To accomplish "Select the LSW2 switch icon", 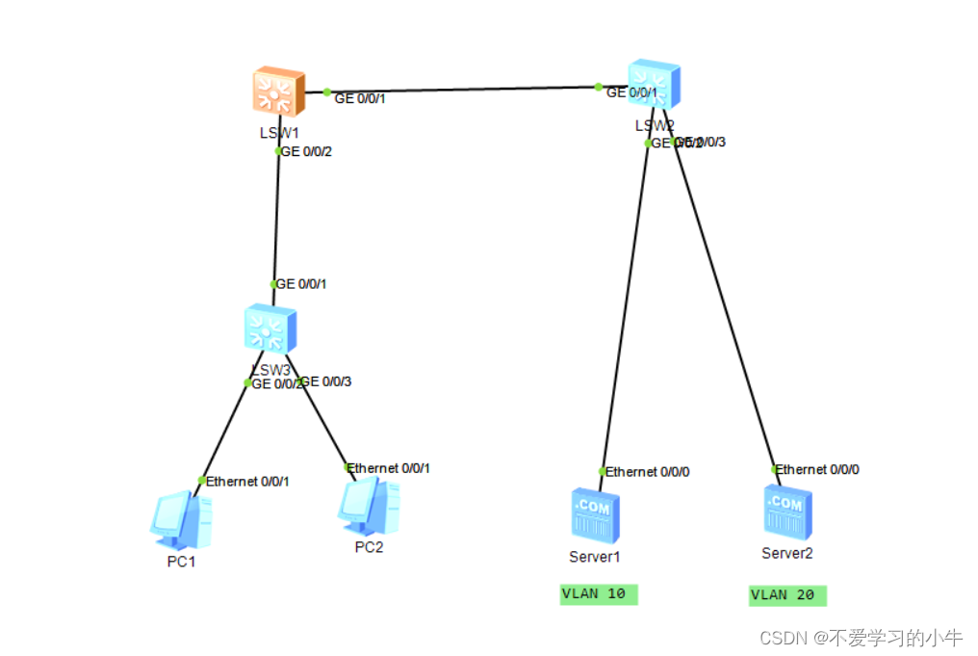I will (x=655, y=85).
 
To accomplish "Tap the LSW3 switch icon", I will (x=270, y=329).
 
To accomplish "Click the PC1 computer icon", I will (x=181, y=514).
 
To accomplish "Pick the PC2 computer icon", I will (x=370, y=505).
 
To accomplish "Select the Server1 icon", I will (x=595, y=514).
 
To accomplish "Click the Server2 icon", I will (x=787, y=511).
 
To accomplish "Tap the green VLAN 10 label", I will (x=598, y=594).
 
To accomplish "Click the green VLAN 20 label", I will (x=787, y=595).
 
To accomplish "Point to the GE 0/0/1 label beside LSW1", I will (x=360, y=98).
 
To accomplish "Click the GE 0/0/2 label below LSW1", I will (x=305, y=151).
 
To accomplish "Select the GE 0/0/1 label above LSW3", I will (x=301, y=284).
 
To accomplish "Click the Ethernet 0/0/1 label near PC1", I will (x=247, y=481).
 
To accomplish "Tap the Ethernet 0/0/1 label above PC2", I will (x=389, y=468).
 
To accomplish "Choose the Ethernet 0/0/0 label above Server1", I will (x=647, y=472).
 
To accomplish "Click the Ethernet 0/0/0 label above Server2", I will (x=817, y=470).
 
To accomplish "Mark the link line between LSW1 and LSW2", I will (x=462, y=91).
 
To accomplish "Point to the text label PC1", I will (x=181, y=562).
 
